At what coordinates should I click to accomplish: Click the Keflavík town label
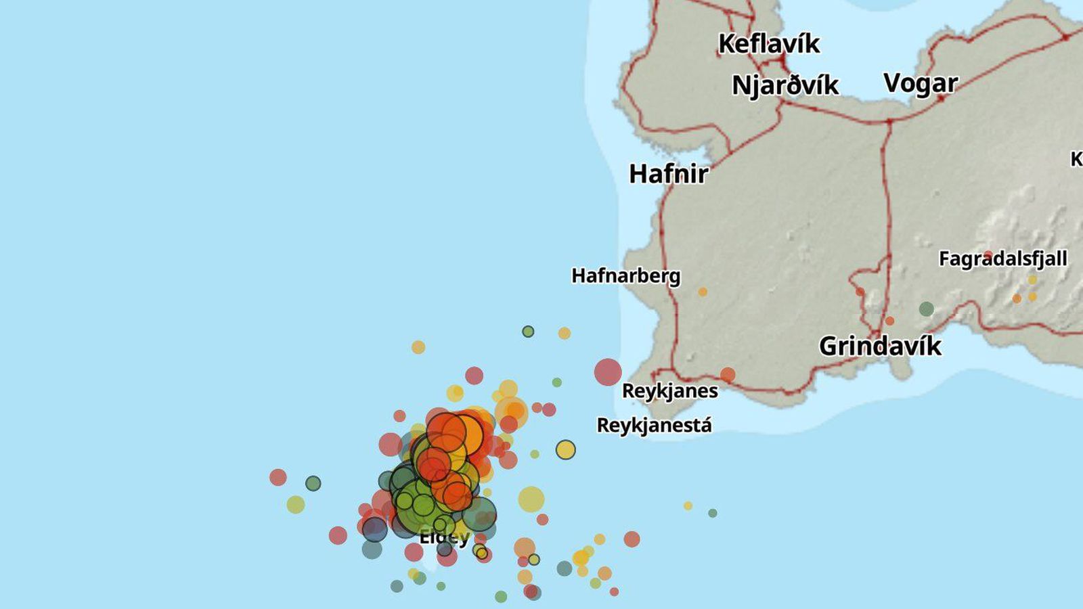click(x=768, y=44)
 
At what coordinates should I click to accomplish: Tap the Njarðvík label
click(x=785, y=86)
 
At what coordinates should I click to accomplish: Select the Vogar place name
click(x=921, y=83)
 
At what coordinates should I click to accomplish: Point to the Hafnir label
click(x=668, y=174)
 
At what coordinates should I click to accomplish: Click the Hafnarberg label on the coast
click(x=625, y=276)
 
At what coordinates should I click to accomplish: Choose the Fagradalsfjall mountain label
click(x=1002, y=258)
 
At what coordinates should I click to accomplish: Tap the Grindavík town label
click(x=880, y=346)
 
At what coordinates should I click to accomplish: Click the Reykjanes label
click(x=669, y=391)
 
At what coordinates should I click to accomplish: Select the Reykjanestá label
click(x=654, y=426)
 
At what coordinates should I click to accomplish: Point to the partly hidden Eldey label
click(x=444, y=538)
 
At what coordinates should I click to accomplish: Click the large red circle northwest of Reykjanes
click(x=608, y=372)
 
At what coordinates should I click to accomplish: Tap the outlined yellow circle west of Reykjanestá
click(x=566, y=449)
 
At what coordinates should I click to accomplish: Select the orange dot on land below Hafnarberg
click(x=703, y=292)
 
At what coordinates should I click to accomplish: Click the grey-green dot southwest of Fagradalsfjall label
click(x=927, y=309)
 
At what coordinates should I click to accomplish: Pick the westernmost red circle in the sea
click(x=278, y=477)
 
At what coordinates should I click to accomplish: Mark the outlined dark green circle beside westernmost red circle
click(x=313, y=483)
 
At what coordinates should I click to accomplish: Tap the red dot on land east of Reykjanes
click(x=728, y=375)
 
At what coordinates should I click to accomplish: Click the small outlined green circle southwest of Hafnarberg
click(x=528, y=332)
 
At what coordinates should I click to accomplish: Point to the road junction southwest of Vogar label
click(x=889, y=121)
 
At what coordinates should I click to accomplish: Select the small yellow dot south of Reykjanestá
click(x=688, y=505)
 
